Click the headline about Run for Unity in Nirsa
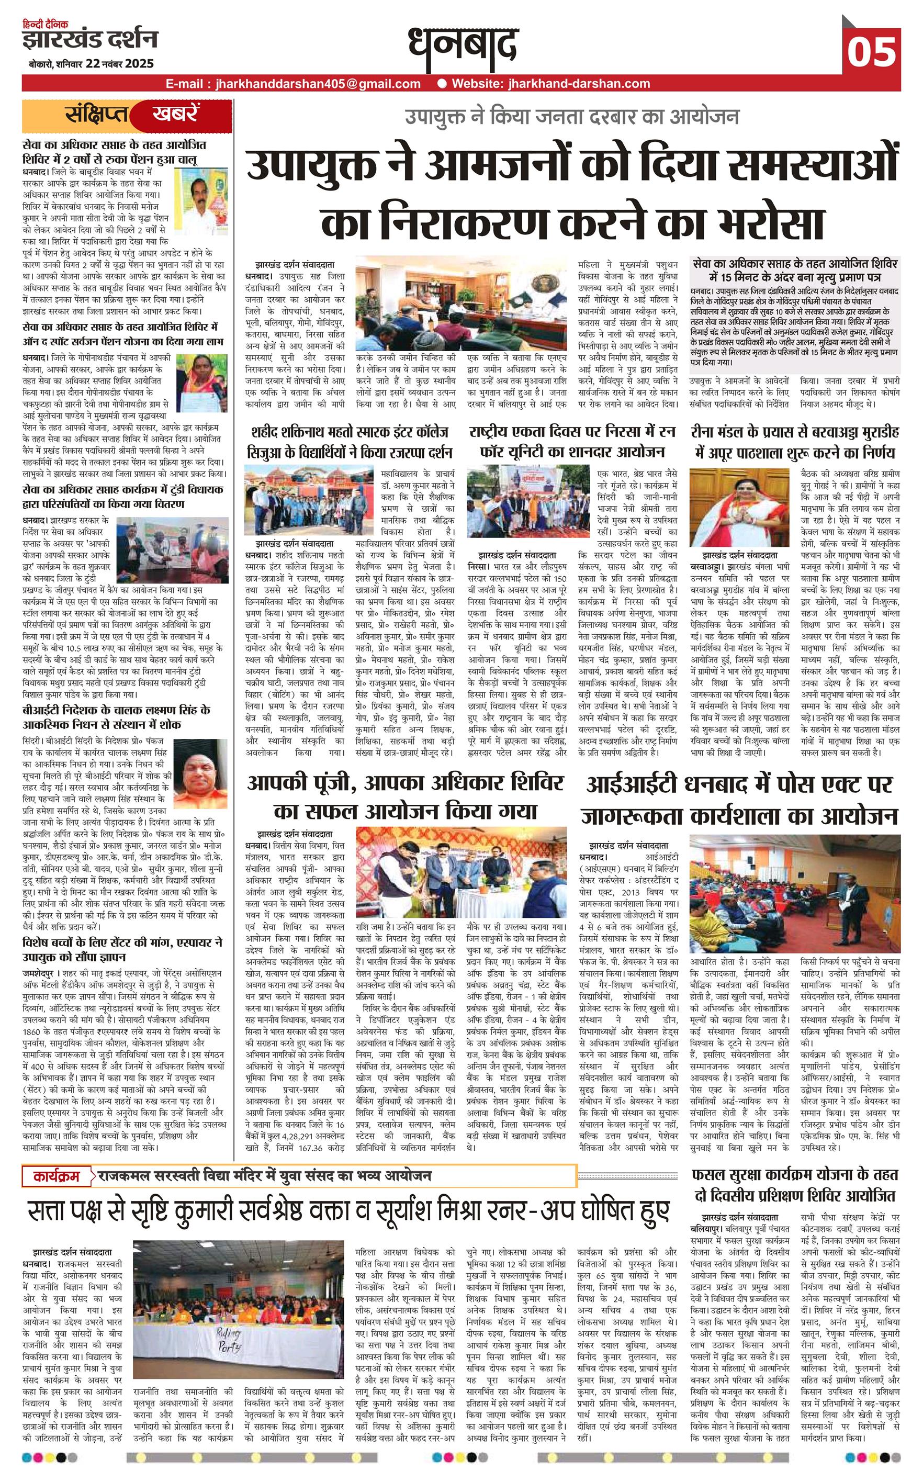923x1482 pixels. click(572, 442)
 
